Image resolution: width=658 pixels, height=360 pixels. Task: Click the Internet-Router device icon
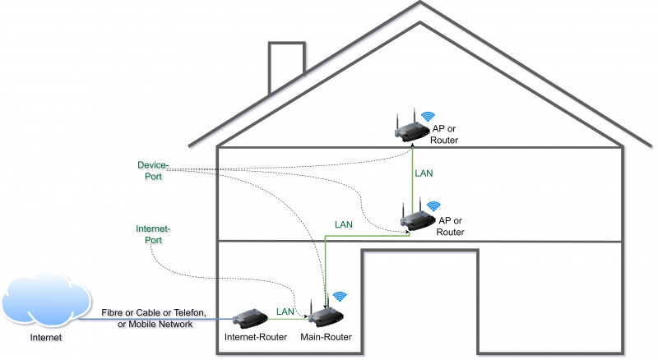(x=248, y=317)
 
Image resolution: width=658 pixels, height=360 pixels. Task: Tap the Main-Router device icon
(x=326, y=315)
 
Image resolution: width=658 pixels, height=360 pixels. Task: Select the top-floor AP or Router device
(x=410, y=130)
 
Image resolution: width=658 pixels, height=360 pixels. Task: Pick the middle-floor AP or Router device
(x=417, y=218)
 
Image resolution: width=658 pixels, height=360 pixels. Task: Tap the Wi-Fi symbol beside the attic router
(x=428, y=117)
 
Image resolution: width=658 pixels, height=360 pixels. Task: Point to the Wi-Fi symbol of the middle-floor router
(x=433, y=205)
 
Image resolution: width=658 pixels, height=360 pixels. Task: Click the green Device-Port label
(x=152, y=170)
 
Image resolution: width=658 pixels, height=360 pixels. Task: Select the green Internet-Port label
(x=152, y=234)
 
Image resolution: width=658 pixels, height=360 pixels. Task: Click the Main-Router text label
(x=327, y=338)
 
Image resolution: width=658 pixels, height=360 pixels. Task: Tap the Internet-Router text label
(x=254, y=338)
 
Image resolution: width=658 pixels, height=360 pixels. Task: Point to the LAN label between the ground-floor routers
(x=285, y=312)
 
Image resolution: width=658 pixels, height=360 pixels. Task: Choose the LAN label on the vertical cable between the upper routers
(x=424, y=173)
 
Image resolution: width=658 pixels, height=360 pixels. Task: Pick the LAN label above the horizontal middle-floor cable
(x=345, y=224)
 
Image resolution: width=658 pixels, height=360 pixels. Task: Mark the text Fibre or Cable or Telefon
(x=155, y=313)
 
